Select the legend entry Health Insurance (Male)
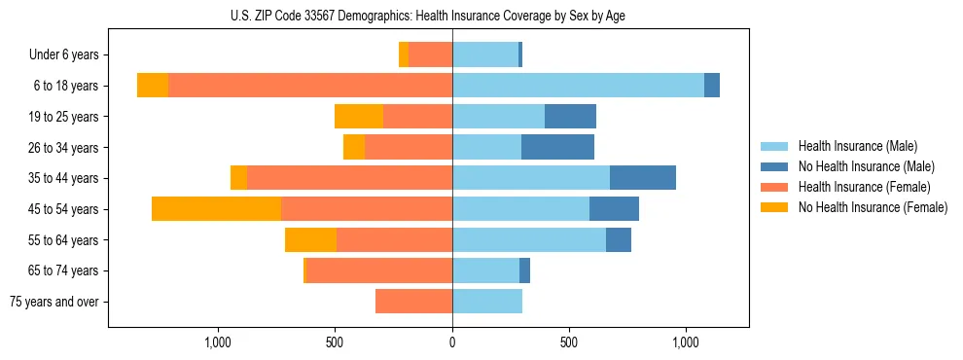pos(857,146)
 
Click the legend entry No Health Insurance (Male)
pos(865,166)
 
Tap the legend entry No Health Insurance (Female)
pos(872,207)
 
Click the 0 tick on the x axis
pos(452,343)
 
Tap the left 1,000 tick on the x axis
pos(218,343)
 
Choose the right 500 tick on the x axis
pos(569,343)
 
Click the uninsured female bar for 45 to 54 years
pos(216,209)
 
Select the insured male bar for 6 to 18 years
pos(578,86)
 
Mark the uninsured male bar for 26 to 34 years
pos(557,147)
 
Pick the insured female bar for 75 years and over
pos(413,302)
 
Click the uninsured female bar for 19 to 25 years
pos(359,117)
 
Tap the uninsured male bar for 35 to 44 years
pos(643,178)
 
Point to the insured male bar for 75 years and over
pos(487,302)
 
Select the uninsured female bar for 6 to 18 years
pos(153,86)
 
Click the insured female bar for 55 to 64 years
pos(394,240)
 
